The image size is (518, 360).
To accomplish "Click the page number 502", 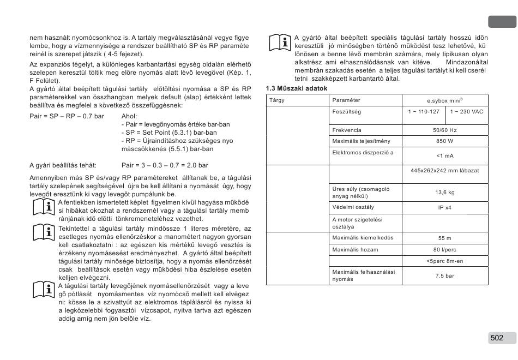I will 497,338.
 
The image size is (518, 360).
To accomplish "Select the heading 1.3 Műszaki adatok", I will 296,88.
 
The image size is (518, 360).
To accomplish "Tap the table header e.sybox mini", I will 445,100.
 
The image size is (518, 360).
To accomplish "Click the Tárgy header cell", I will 277,100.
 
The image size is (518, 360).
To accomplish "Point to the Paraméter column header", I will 346,100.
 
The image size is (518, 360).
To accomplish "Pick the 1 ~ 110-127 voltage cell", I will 424,111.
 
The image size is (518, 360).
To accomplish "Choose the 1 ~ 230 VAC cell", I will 466,111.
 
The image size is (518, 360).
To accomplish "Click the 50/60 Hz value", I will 445,130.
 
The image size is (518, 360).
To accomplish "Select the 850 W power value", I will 445,141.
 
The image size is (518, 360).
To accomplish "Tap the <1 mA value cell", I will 445,156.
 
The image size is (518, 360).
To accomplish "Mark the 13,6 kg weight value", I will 445,193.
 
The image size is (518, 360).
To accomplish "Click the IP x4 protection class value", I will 445,208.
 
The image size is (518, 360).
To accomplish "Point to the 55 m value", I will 445,238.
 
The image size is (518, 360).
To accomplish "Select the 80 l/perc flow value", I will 445,250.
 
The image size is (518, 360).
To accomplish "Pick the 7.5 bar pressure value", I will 445,276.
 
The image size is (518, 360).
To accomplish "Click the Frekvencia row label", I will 347,130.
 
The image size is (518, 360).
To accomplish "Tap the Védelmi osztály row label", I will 353,207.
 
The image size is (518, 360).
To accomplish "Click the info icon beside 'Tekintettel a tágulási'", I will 43,232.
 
